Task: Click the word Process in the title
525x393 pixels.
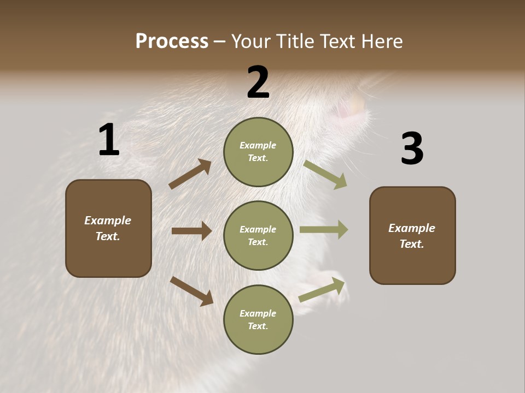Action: (172, 41)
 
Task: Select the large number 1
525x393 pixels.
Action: (109, 140)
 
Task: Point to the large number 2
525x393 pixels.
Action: (258, 82)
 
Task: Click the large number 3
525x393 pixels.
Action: (412, 149)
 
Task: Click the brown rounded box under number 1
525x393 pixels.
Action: (108, 228)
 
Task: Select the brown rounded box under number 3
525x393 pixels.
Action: (412, 235)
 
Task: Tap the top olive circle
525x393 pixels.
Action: (258, 152)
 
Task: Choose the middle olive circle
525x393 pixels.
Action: (258, 235)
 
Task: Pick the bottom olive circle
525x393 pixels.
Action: (258, 319)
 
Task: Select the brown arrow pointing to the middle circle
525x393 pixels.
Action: (191, 231)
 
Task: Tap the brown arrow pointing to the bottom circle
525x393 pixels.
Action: (191, 290)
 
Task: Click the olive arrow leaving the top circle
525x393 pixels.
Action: (325, 175)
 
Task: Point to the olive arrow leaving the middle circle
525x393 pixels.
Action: (324, 230)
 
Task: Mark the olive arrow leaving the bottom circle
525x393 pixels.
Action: (322, 290)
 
